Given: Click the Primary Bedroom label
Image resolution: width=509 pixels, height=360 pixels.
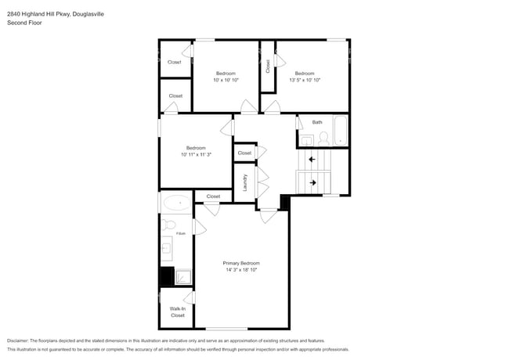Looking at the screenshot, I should [x=241, y=263].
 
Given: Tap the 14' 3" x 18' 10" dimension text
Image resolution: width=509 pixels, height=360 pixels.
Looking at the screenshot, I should [x=241, y=269].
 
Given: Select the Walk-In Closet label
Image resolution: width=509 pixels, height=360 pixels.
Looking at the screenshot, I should [x=178, y=311].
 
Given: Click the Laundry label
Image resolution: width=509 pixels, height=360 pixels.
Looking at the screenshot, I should [x=246, y=183].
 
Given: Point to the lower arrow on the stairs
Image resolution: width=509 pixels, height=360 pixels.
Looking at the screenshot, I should [x=312, y=183].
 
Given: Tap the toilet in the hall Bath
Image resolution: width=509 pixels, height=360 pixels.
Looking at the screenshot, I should [x=323, y=139].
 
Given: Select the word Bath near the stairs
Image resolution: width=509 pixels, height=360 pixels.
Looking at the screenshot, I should [x=317, y=122].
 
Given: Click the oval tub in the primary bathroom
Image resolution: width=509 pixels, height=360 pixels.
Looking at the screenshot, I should [x=177, y=203].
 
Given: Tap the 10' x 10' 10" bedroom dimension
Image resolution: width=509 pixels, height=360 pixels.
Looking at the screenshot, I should [x=226, y=80].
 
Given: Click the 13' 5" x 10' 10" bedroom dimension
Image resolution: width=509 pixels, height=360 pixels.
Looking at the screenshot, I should [x=305, y=80].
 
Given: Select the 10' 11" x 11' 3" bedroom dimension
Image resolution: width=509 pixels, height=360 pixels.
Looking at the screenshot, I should [x=196, y=154].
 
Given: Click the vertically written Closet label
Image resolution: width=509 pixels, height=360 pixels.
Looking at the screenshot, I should [x=268, y=66].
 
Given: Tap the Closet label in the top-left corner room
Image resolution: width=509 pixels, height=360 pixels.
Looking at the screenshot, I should [x=175, y=62].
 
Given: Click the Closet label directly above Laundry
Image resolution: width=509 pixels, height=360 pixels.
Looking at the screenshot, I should [x=244, y=153].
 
